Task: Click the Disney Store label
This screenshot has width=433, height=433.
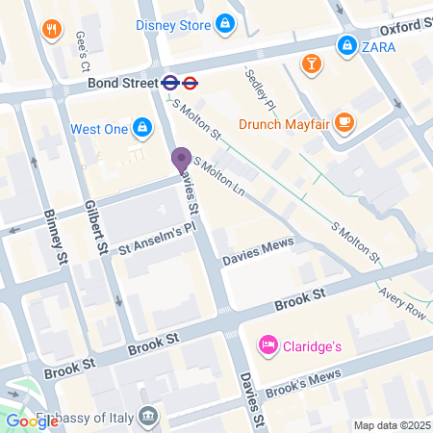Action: [173, 24]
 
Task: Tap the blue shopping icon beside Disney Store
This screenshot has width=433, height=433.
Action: [224, 23]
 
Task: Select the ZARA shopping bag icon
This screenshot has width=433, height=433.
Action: [345, 44]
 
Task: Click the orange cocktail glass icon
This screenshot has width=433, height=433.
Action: [312, 64]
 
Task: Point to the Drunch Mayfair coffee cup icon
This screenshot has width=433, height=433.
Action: [345, 123]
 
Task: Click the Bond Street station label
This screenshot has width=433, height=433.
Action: [121, 84]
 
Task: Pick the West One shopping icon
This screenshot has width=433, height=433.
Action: [141, 127]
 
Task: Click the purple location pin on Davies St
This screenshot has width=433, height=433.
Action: [180, 161]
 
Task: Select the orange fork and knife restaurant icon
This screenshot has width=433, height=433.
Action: [51, 30]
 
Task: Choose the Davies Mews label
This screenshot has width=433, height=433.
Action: [257, 252]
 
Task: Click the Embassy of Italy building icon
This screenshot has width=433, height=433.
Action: [148, 416]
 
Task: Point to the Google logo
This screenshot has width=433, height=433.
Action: [31, 420]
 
